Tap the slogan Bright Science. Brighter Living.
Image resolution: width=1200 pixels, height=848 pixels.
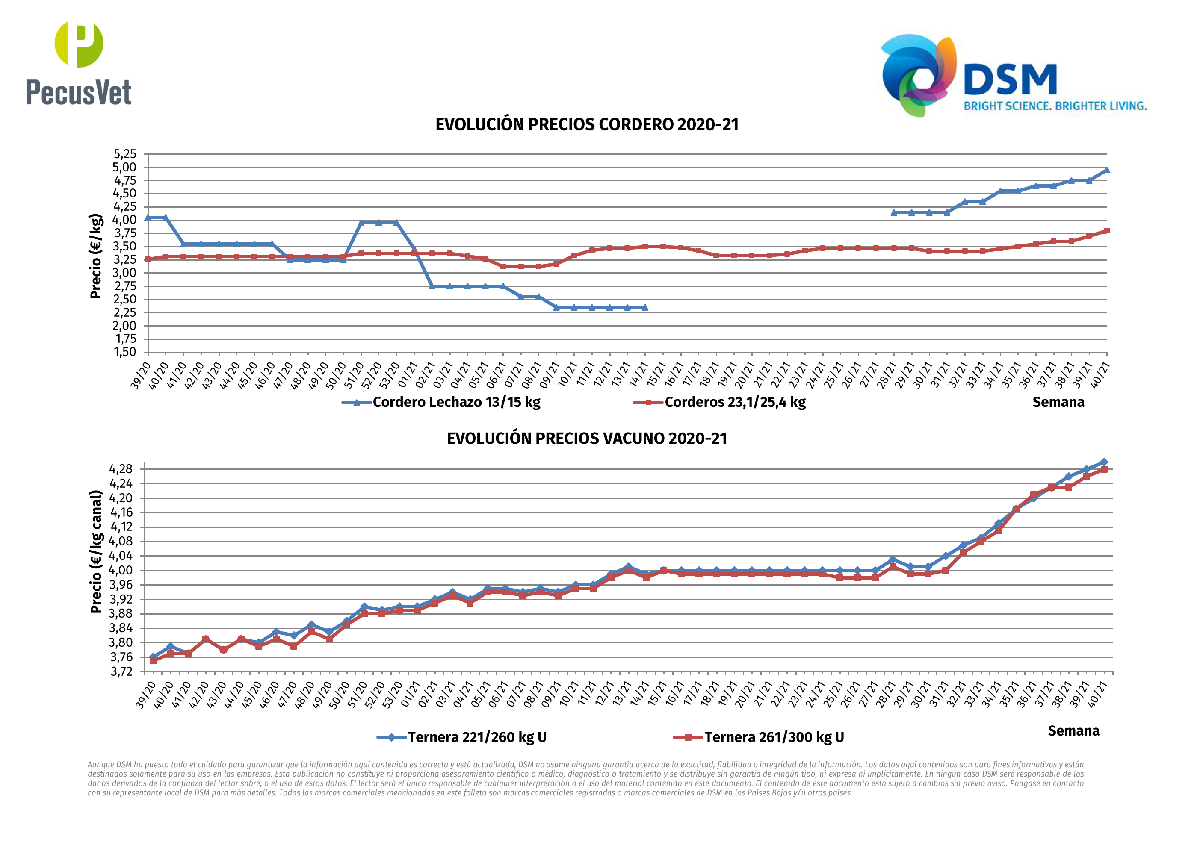point(1055,106)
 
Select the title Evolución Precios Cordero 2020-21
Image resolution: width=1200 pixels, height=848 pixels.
point(587,125)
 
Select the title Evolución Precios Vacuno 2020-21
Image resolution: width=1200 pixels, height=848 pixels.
point(587,439)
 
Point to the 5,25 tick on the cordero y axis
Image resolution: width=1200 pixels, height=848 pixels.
point(125,154)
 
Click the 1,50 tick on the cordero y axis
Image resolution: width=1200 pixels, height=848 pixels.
point(125,352)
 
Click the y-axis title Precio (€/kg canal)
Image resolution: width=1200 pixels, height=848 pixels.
point(96,552)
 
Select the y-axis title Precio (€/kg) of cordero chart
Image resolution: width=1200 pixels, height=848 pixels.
point(96,256)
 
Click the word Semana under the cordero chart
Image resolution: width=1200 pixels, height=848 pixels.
point(1058,402)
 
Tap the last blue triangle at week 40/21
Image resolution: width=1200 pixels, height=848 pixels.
point(1106,170)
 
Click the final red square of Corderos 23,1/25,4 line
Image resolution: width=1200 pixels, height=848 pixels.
point(1106,231)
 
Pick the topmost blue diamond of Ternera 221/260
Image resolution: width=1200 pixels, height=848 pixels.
point(1104,462)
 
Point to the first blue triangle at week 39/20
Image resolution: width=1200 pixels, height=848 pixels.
point(148,218)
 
